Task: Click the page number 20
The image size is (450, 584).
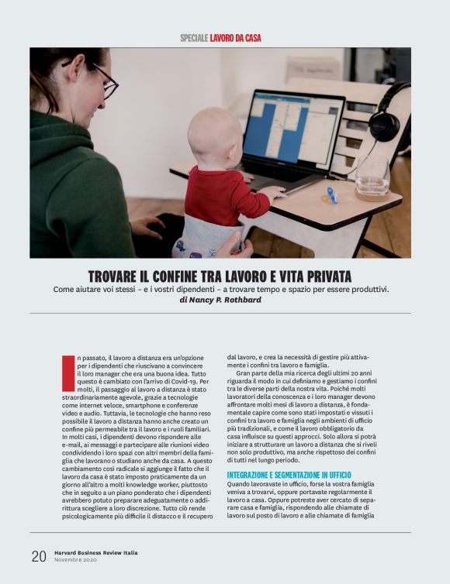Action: (38, 555)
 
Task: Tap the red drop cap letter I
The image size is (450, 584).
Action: (67, 372)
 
